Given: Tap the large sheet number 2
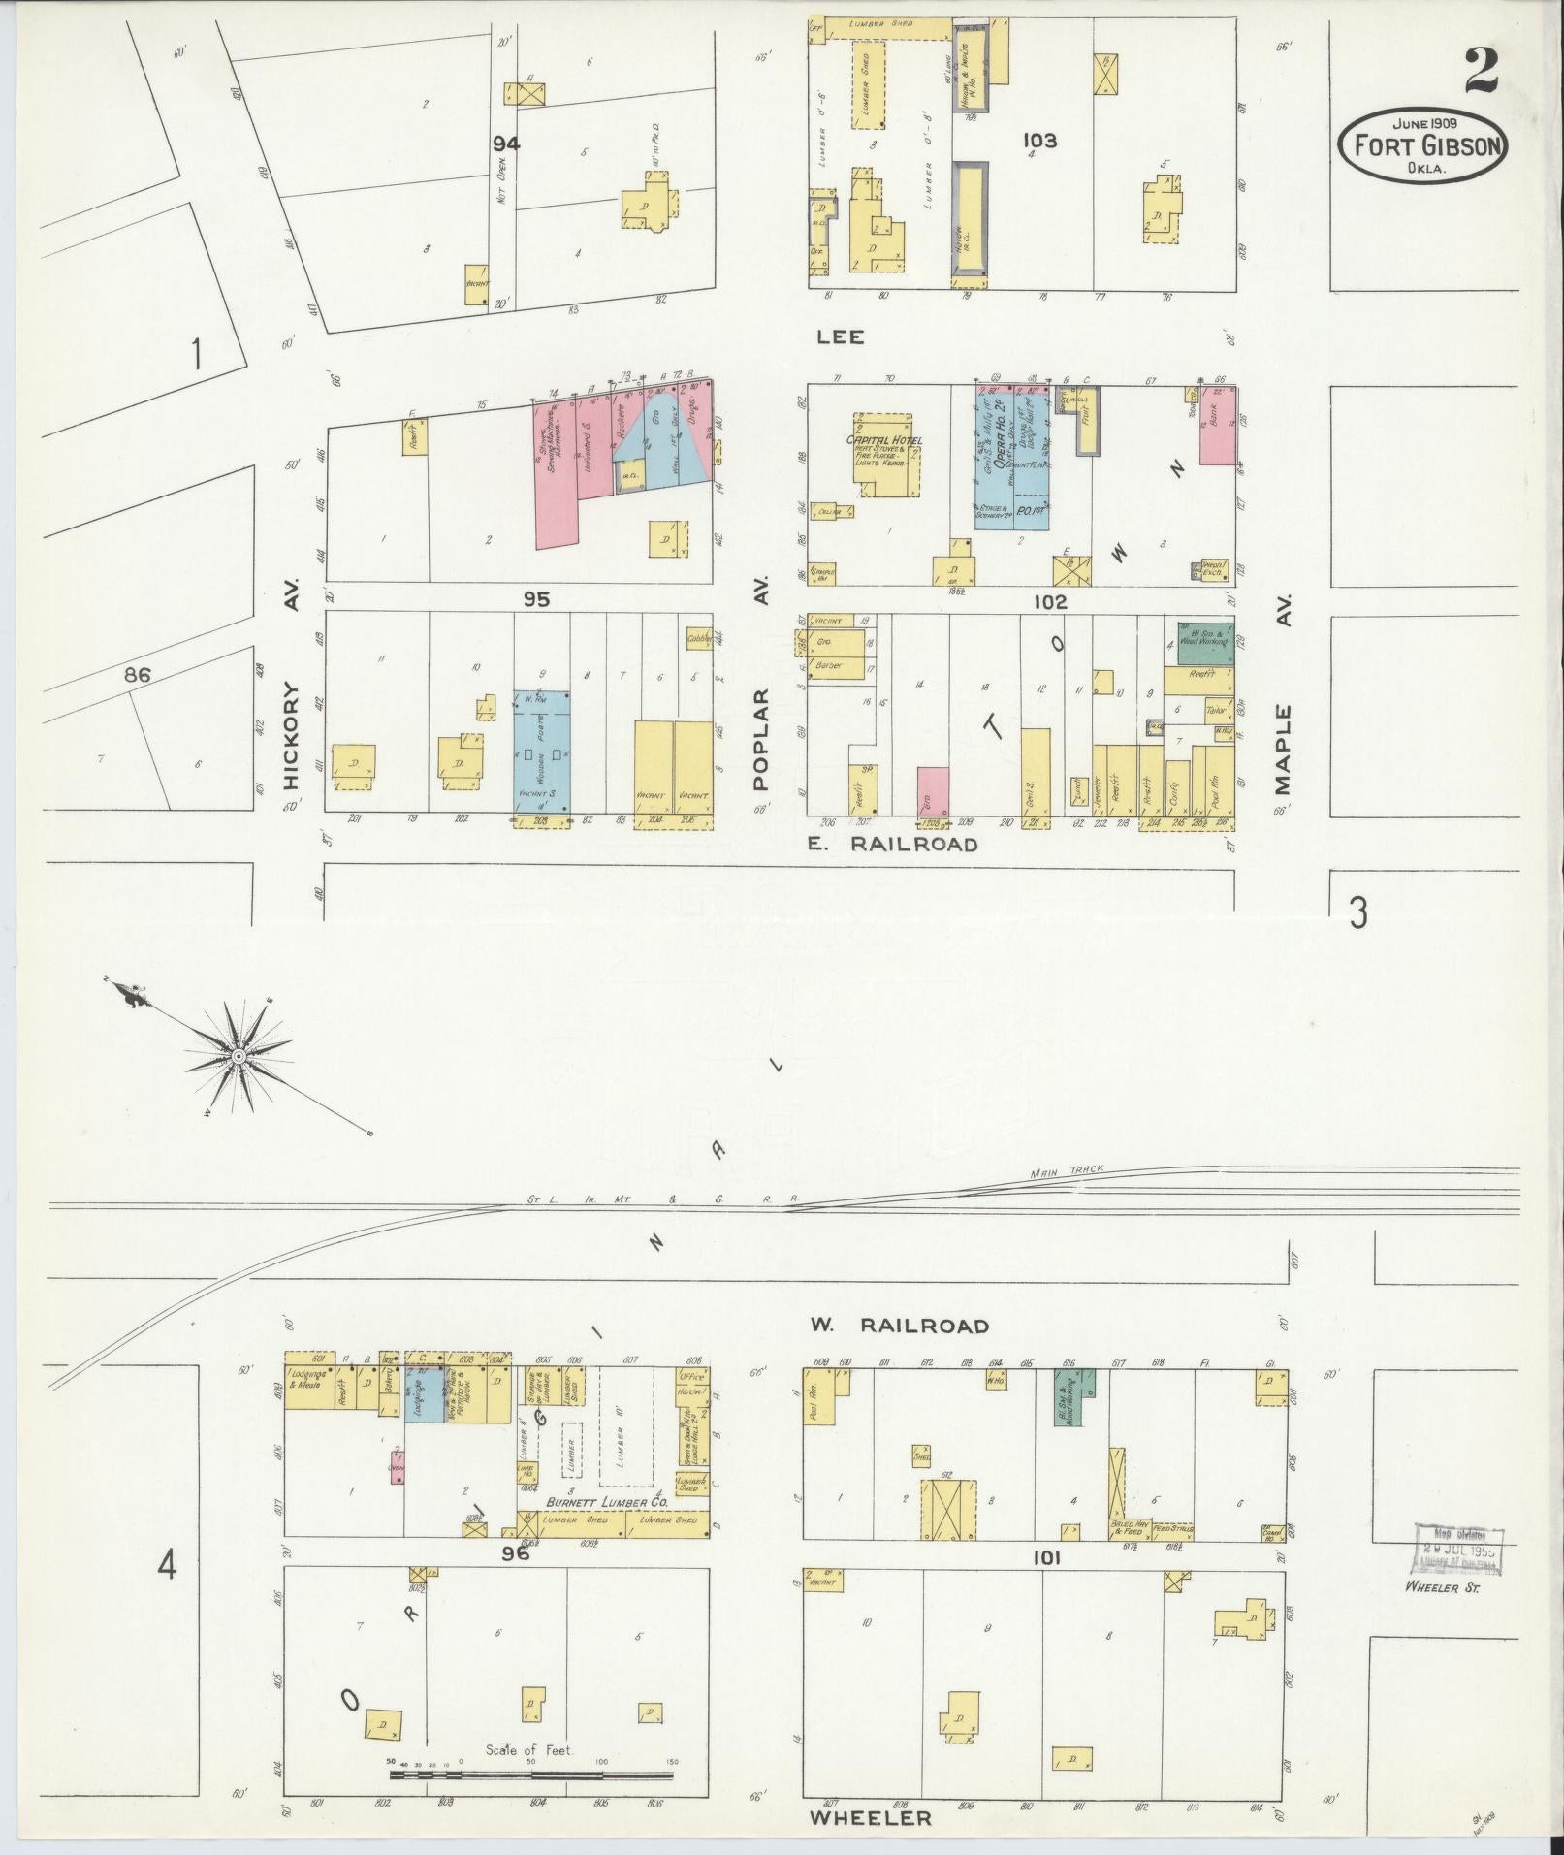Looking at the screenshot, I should pyautogui.click(x=1482, y=70).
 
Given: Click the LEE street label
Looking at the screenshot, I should pyautogui.click(x=840, y=336).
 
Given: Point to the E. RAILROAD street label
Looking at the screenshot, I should pyautogui.click(x=893, y=845).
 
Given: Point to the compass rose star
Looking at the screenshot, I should pyautogui.click(x=238, y=1054).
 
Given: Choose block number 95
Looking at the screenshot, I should pyautogui.click(x=536, y=600).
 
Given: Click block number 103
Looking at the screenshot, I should pyautogui.click(x=1038, y=141).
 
